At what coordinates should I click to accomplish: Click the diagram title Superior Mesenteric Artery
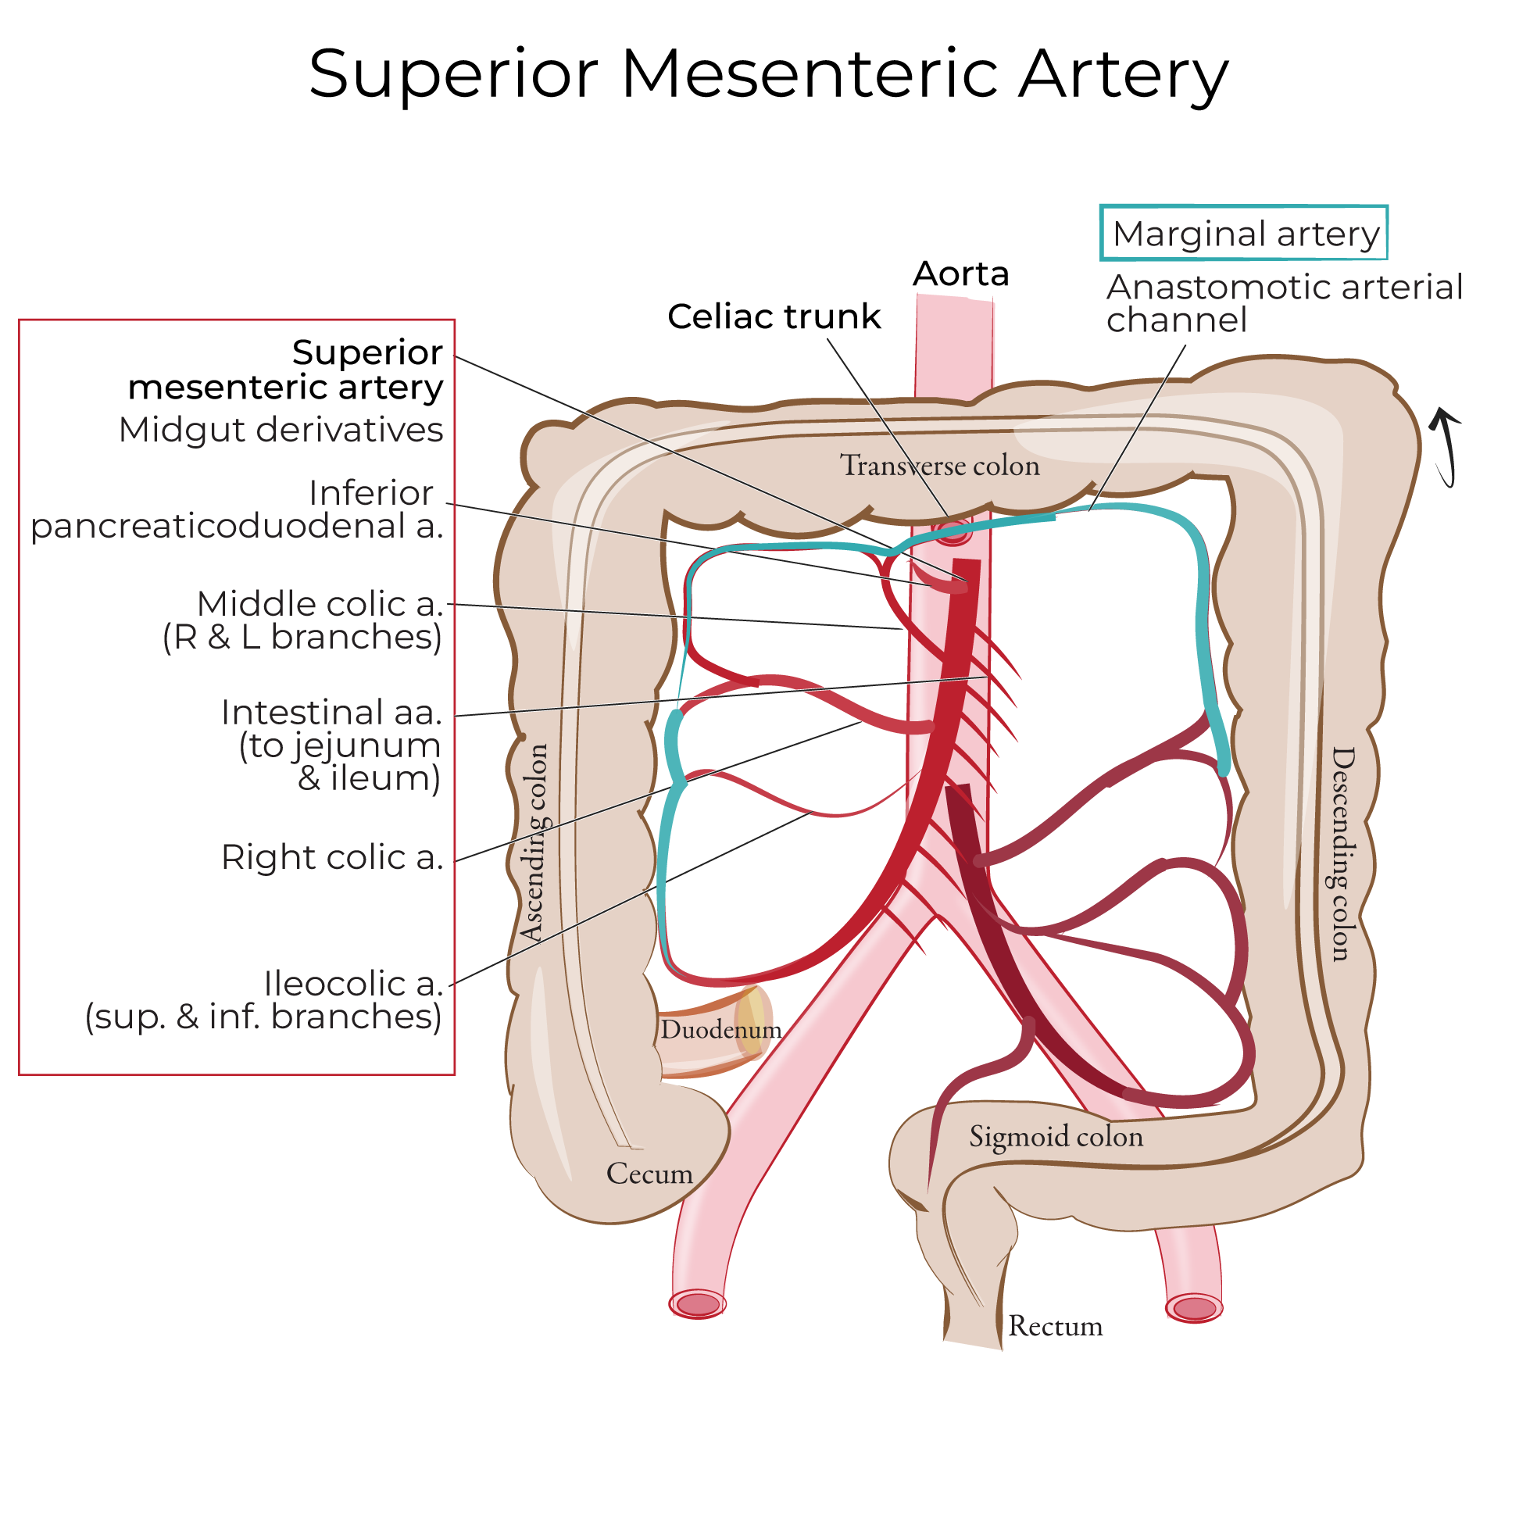pos(769,75)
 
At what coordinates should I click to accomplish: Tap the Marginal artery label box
pos(1244,234)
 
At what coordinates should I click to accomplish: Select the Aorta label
pos(960,274)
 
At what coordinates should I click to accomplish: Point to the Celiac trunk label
pos(774,316)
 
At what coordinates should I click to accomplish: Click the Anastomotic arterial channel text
pos(1283,304)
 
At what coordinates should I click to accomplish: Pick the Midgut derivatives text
pos(280,431)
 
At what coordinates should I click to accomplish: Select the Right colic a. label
pos(332,858)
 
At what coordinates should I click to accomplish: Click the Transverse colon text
pos(939,466)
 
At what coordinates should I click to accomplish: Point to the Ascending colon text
pos(534,842)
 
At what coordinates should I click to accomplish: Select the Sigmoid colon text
pos(1056,1136)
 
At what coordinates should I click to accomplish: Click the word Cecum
pos(649,1174)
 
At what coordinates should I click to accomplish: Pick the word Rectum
pos(1056,1326)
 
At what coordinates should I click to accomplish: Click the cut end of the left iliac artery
pos(1194,1308)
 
